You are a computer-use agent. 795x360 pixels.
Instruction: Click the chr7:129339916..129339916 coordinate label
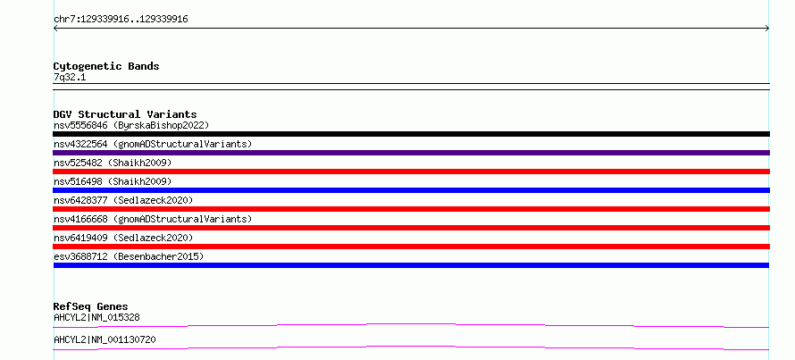121,20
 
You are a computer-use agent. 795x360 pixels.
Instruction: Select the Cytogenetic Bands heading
106,66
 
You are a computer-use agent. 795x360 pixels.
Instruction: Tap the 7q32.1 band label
70,78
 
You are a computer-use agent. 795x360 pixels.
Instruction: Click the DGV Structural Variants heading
125,114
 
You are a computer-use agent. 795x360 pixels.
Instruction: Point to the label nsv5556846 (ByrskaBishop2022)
131,125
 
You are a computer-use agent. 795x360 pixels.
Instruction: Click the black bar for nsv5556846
411,134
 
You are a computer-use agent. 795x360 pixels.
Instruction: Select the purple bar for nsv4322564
411,153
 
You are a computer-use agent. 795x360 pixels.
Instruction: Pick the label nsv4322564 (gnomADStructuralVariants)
153,144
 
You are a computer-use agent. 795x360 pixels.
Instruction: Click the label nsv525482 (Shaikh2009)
113,163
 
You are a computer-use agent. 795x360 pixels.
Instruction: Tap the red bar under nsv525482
411,172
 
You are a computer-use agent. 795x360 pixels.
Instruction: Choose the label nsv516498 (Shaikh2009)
113,181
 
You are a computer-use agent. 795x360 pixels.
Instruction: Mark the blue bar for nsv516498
411,190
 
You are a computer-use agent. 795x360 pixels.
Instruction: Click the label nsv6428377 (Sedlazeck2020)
123,200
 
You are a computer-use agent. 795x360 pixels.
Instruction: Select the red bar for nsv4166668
411,228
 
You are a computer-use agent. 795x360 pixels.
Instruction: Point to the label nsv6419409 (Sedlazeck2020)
123,238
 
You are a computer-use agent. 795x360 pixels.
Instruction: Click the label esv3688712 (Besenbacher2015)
129,256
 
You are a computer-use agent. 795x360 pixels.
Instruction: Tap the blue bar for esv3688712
411,265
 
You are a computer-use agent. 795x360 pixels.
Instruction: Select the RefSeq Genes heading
91,306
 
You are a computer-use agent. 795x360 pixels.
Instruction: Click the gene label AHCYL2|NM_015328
96,318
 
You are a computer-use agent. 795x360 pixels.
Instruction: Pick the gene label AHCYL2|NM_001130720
105,339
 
